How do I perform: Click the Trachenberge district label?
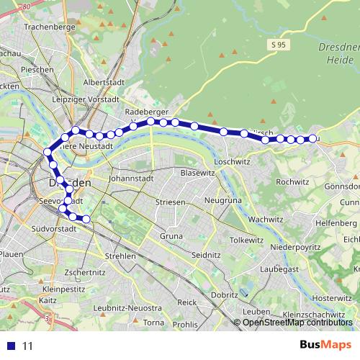[x=50, y=27]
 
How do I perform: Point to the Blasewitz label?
[x=198, y=174]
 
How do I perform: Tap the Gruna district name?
[x=171, y=235]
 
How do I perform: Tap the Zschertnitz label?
[x=84, y=273]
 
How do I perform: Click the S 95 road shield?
[x=280, y=45]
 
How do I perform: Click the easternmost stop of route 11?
[x=312, y=138]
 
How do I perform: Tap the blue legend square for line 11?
[x=10, y=346]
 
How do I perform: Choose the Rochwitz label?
[x=292, y=182]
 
